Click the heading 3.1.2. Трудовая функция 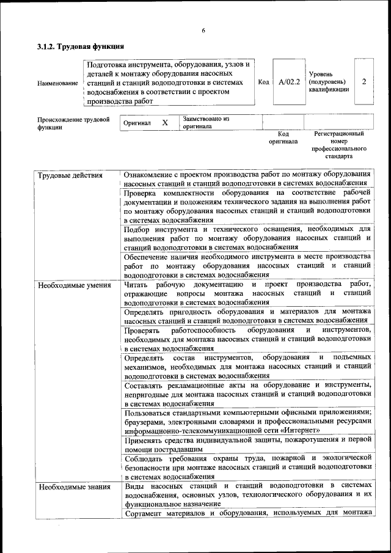coord(81,46)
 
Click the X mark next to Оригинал coord(165,122)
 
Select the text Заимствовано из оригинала coord(205,122)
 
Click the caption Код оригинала coord(283,137)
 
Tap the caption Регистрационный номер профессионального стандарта coord(338,145)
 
